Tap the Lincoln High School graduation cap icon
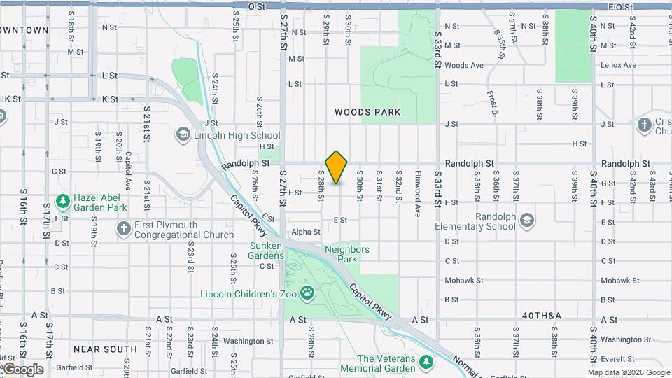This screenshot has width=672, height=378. (183, 135)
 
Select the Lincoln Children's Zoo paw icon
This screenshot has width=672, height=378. (307, 293)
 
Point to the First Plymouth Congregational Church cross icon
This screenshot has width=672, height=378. (123, 229)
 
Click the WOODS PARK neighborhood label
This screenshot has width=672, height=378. (367, 112)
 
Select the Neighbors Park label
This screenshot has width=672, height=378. (347, 254)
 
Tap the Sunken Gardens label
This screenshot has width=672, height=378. (267, 251)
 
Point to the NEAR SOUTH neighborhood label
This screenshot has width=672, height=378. (105, 349)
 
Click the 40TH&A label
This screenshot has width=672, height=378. (542, 316)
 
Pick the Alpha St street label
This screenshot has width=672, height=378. (306, 232)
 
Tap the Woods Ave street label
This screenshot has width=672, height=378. (464, 66)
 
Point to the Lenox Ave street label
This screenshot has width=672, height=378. (619, 65)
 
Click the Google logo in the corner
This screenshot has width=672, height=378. (23, 370)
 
